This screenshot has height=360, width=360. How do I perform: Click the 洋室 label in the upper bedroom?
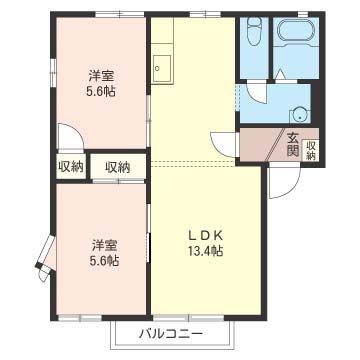(100, 73)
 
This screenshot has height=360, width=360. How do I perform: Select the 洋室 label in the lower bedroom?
(104, 244)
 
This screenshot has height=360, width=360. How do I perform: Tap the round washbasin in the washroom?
(299, 113)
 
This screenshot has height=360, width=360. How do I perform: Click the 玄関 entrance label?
(293, 145)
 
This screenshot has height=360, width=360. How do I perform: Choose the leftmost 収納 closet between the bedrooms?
(70, 167)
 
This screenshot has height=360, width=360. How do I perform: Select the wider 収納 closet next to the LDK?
(118, 167)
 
